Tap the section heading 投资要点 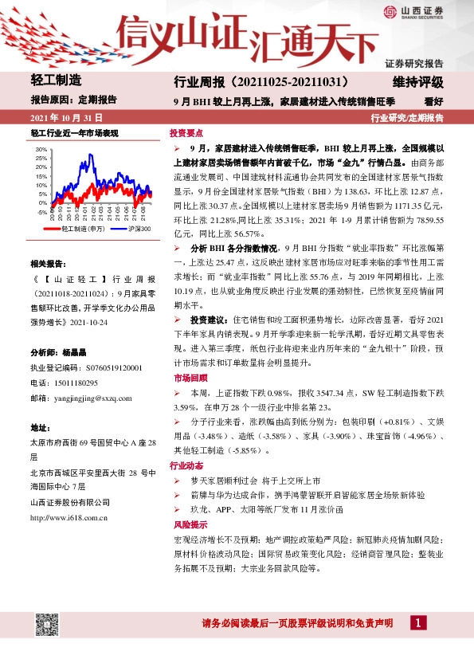(x=186, y=133)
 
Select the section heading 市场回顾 (x=186, y=377)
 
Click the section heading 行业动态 (x=186, y=465)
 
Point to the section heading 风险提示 (x=186, y=525)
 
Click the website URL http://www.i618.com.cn (x=69, y=516)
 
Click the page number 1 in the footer (x=418, y=622)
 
